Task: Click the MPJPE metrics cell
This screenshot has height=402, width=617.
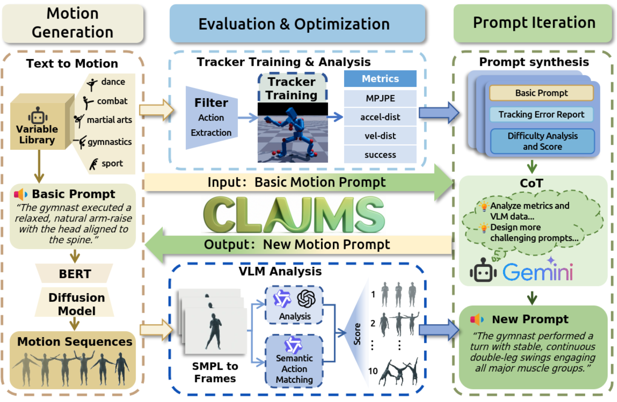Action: (x=380, y=98)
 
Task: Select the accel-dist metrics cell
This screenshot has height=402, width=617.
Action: (x=380, y=117)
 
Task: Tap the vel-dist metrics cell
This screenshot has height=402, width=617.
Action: (x=380, y=136)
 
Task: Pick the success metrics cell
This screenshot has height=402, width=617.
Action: (x=380, y=155)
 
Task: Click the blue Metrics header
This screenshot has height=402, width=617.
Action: (x=380, y=79)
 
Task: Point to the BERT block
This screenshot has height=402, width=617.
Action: (x=75, y=274)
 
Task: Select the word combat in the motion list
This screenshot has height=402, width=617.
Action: (x=112, y=101)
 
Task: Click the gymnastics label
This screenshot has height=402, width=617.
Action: (x=109, y=142)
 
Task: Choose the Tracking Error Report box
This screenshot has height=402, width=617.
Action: (x=541, y=114)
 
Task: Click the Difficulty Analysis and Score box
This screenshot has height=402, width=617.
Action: (x=542, y=141)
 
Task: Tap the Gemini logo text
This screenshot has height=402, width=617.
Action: (x=538, y=272)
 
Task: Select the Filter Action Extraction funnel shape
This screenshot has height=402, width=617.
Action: (x=211, y=118)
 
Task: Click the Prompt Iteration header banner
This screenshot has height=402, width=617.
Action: (x=534, y=23)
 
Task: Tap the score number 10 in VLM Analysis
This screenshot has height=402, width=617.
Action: (x=373, y=371)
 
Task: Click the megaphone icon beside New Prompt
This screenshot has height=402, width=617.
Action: (x=477, y=319)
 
